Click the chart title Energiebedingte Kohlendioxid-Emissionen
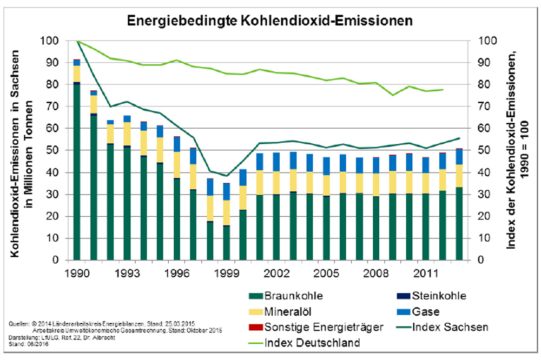point(270,21)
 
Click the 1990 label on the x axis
point(76,272)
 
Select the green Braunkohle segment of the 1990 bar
point(77,173)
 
